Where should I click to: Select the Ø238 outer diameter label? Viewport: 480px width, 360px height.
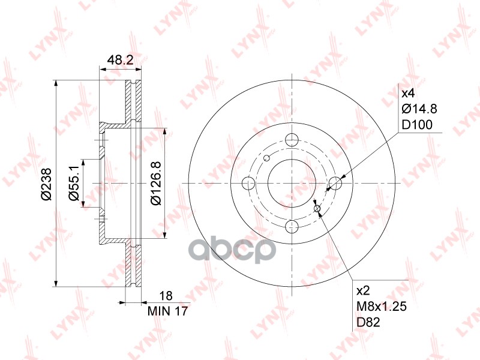click(x=47, y=184)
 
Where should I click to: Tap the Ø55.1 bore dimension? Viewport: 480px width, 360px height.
click(x=74, y=182)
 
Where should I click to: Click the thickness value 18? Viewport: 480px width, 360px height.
click(x=166, y=296)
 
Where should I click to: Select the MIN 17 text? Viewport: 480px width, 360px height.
click(x=167, y=311)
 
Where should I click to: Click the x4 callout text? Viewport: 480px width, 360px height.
click(x=408, y=93)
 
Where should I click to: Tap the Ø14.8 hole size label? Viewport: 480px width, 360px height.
click(x=419, y=109)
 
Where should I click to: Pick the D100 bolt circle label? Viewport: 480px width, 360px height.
click(x=417, y=125)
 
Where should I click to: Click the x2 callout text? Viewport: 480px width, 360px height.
click(x=364, y=290)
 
